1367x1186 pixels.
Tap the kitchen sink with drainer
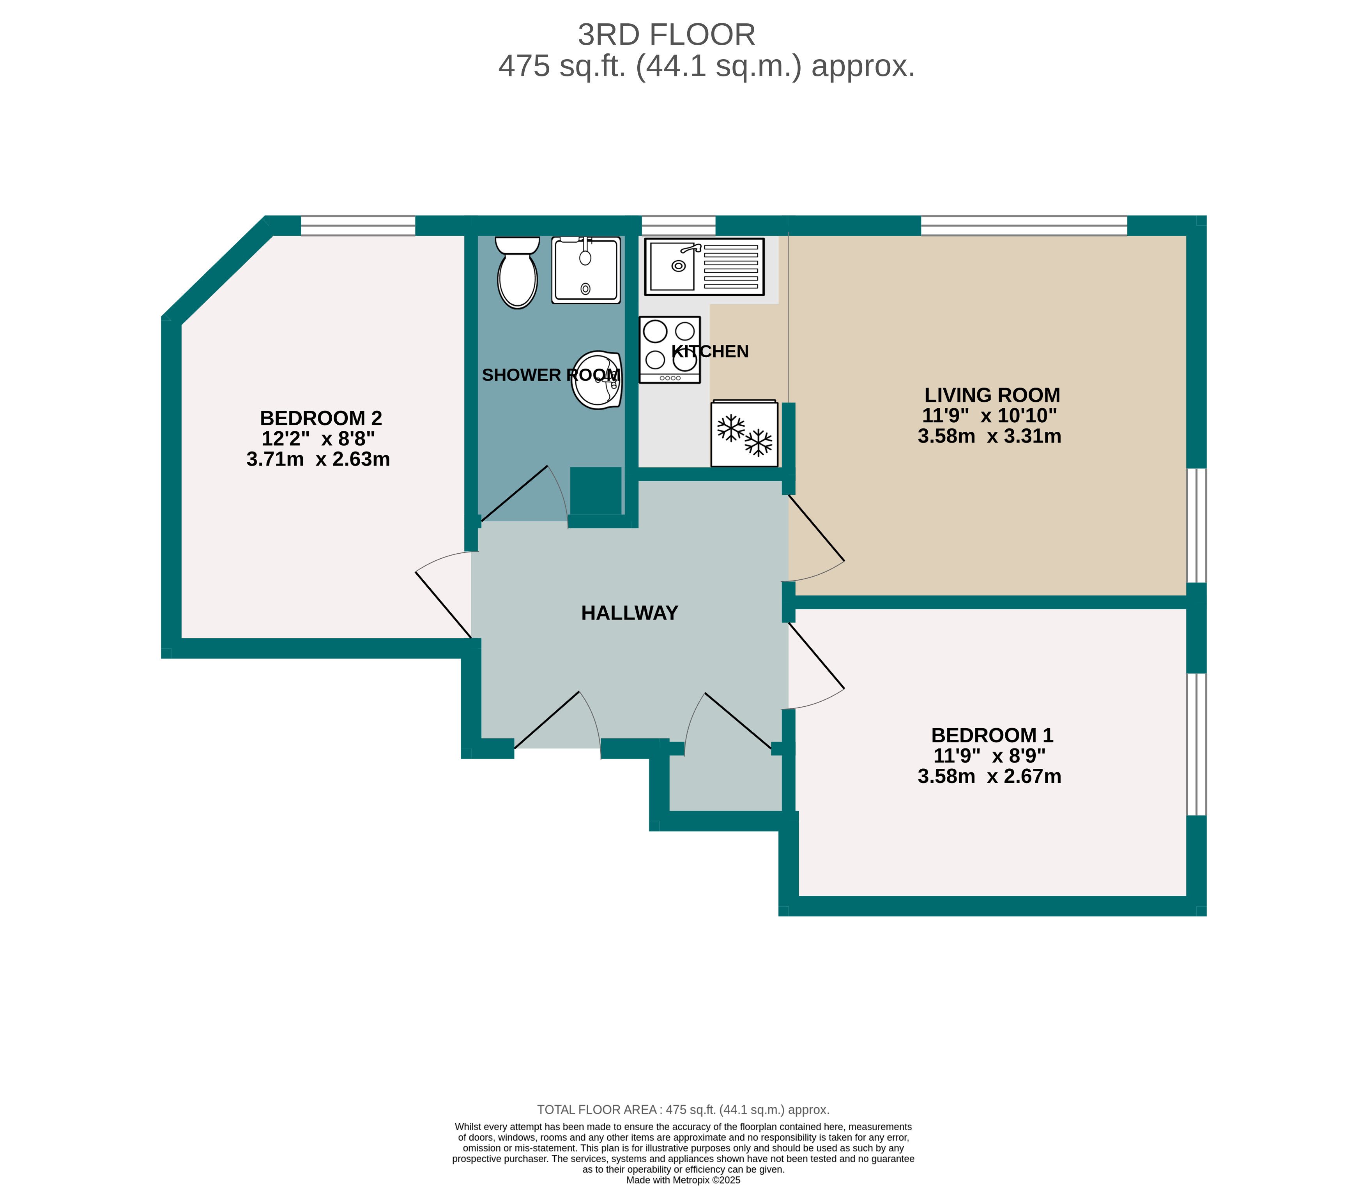[x=704, y=267]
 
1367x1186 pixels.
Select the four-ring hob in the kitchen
[x=669, y=349]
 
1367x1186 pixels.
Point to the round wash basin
[x=596, y=381]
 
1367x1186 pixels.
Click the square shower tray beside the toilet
[x=586, y=270]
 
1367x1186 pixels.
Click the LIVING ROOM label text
[x=992, y=395]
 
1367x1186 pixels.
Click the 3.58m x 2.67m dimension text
[x=989, y=777]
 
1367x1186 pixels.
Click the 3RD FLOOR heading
[x=666, y=35]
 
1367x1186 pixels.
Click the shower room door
[x=523, y=496]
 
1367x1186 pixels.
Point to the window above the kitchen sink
[x=679, y=226]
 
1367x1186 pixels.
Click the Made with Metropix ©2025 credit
[x=683, y=1179]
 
